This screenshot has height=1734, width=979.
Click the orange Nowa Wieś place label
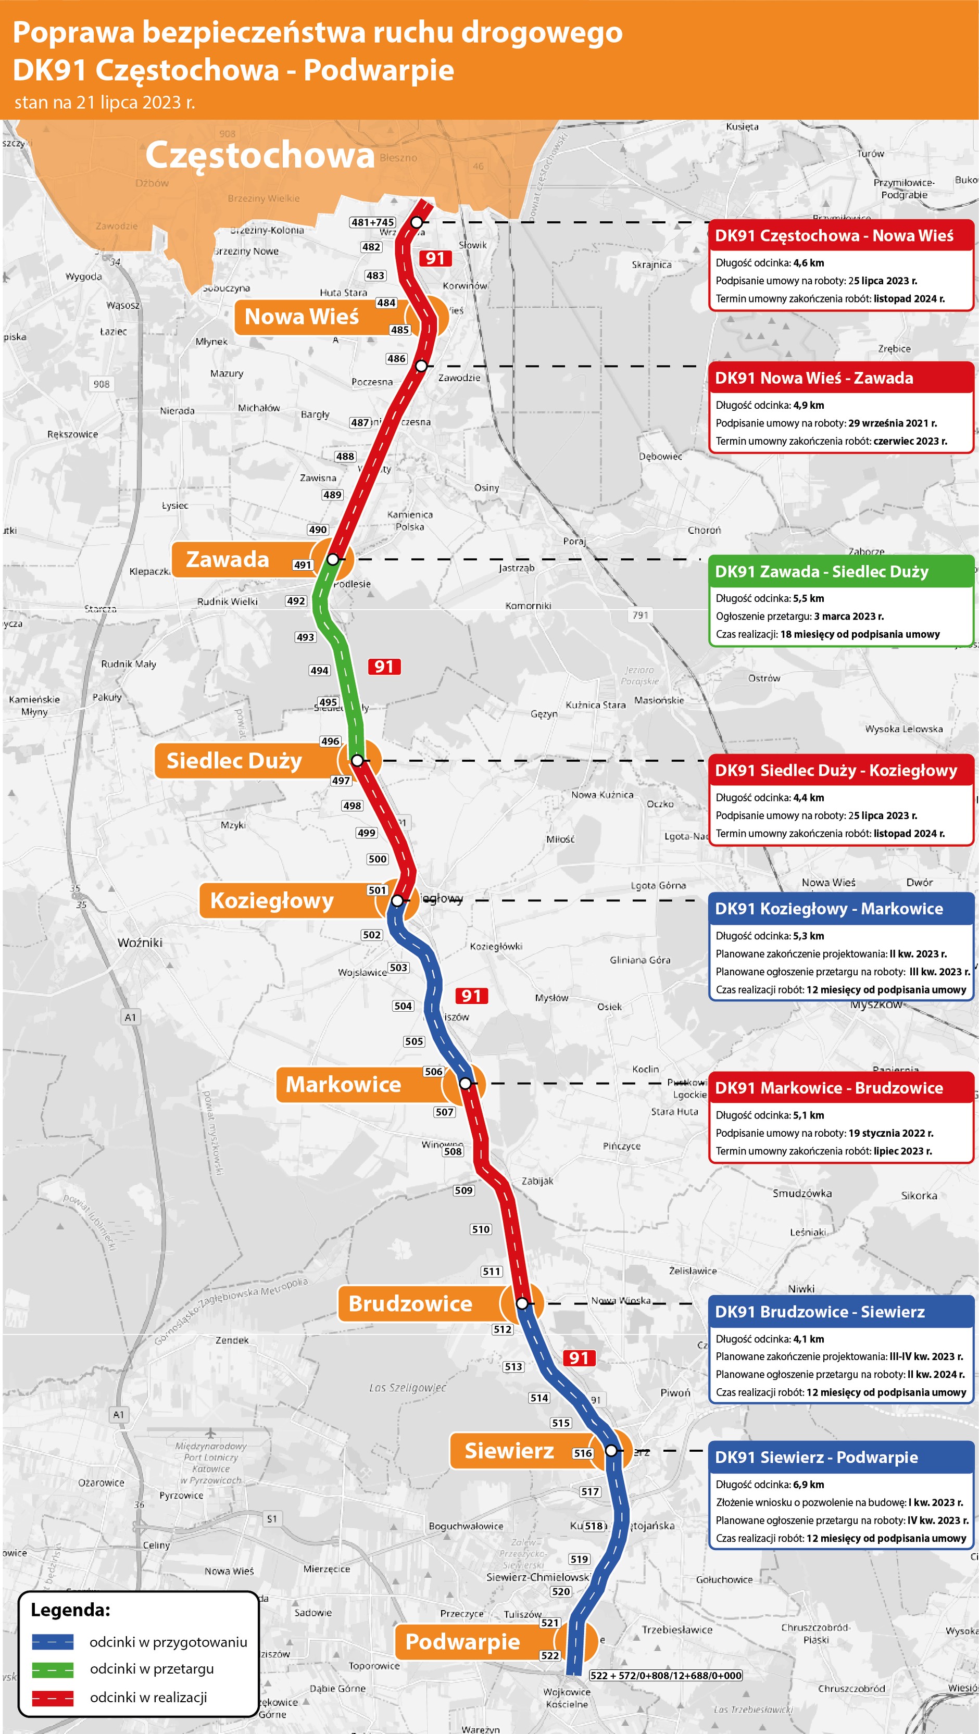pyautogui.click(x=302, y=317)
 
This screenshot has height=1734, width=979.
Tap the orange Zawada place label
pyautogui.click(x=228, y=559)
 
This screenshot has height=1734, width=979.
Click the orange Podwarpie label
pyautogui.click(x=462, y=1641)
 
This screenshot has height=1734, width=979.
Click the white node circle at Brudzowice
pyautogui.click(x=522, y=1303)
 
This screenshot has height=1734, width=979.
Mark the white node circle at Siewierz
pyautogui.click(x=611, y=1450)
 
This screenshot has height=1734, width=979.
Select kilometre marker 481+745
pyautogui.click(x=373, y=222)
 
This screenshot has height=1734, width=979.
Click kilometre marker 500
pyautogui.click(x=378, y=859)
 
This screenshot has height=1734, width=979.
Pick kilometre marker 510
pyautogui.click(x=481, y=1229)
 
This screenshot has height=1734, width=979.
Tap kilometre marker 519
pyautogui.click(x=579, y=1559)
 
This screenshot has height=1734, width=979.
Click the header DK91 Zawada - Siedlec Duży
pyautogui.click(x=821, y=572)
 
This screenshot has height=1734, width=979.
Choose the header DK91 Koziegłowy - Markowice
pyautogui.click(x=829, y=909)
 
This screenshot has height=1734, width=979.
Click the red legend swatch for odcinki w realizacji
pyautogui.click(x=53, y=1698)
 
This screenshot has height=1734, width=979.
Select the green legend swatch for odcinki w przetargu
pyautogui.click(x=53, y=1669)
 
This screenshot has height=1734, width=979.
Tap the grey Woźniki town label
pyautogui.click(x=140, y=943)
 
